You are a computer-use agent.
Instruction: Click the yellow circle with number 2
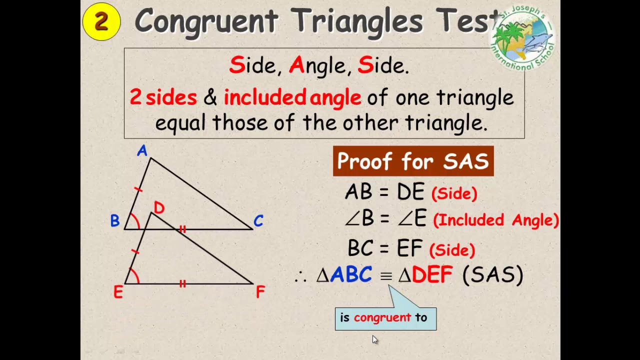coord(101,21)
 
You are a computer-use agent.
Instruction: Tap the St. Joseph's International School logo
coord(522,37)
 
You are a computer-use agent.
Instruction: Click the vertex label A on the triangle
coord(142,151)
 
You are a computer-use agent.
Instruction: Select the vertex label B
coord(115,221)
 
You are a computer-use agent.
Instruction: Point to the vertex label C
coord(258,221)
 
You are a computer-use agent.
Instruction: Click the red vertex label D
coord(159,208)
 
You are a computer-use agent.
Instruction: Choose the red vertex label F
coord(260,292)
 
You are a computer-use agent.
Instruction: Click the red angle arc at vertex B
coord(135,220)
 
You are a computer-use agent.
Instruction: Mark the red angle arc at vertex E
coord(135,275)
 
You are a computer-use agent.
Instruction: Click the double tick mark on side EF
coord(182,283)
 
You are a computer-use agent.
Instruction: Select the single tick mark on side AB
coord(138,189)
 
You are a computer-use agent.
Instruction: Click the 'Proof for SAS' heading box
coord(413,161)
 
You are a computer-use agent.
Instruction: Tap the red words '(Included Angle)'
coord(495,220)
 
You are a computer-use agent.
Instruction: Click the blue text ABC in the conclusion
coord(351,275)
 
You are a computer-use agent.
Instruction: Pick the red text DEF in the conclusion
coord(432,275)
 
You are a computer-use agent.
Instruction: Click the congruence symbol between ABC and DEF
coord(385,276)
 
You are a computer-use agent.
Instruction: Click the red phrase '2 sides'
coord(163,97)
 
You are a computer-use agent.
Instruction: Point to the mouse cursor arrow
coord(375,339)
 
